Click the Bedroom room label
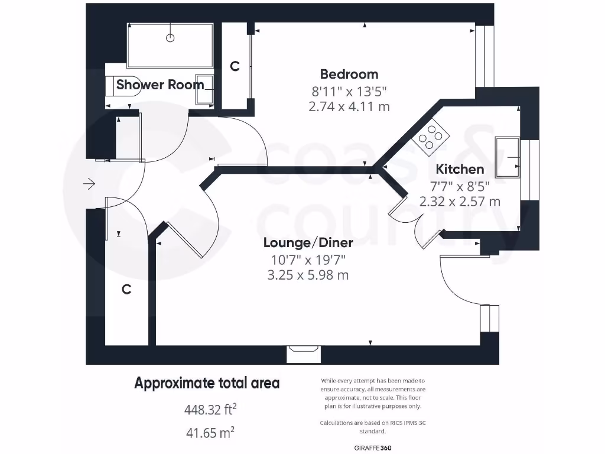coord(349,74)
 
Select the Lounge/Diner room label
coord(308,243)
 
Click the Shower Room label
coord(160,85)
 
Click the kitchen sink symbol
coord(508,157)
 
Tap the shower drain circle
coord(170,38)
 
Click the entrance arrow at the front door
coord(89,184)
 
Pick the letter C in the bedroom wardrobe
coord(235,67)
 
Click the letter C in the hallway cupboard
coord(126,290)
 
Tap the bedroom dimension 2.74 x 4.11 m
coord(349,106)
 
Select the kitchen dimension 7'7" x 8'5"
coord(460,186)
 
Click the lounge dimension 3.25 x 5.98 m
coord(308,275)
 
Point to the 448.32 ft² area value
coord(210,409)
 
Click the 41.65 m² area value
coord(210,433)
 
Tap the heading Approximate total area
coord(207,383)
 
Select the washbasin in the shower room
coord(205,89)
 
